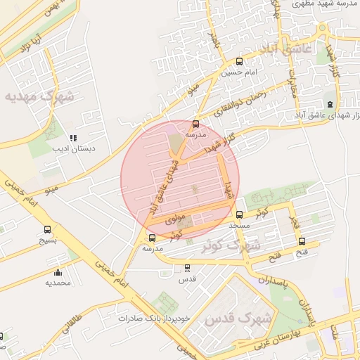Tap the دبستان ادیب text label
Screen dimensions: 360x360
[x=78, y=149]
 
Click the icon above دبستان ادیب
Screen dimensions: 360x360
[x=73, y=138]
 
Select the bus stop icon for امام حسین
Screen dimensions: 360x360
[x=240, y=61]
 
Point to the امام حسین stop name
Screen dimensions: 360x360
[x=240, y=72]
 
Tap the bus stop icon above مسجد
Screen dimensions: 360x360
[x=240, y=215]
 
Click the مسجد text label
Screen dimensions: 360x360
[x=240, y=226]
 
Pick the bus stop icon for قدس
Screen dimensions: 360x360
[x=186, y=268]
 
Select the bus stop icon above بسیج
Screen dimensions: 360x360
[x=48, y=229]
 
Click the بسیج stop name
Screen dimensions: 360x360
[x=48, y=240]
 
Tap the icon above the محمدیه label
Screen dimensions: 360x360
[x=58, y=272]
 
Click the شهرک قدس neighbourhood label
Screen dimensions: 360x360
[x=231, y=319]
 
